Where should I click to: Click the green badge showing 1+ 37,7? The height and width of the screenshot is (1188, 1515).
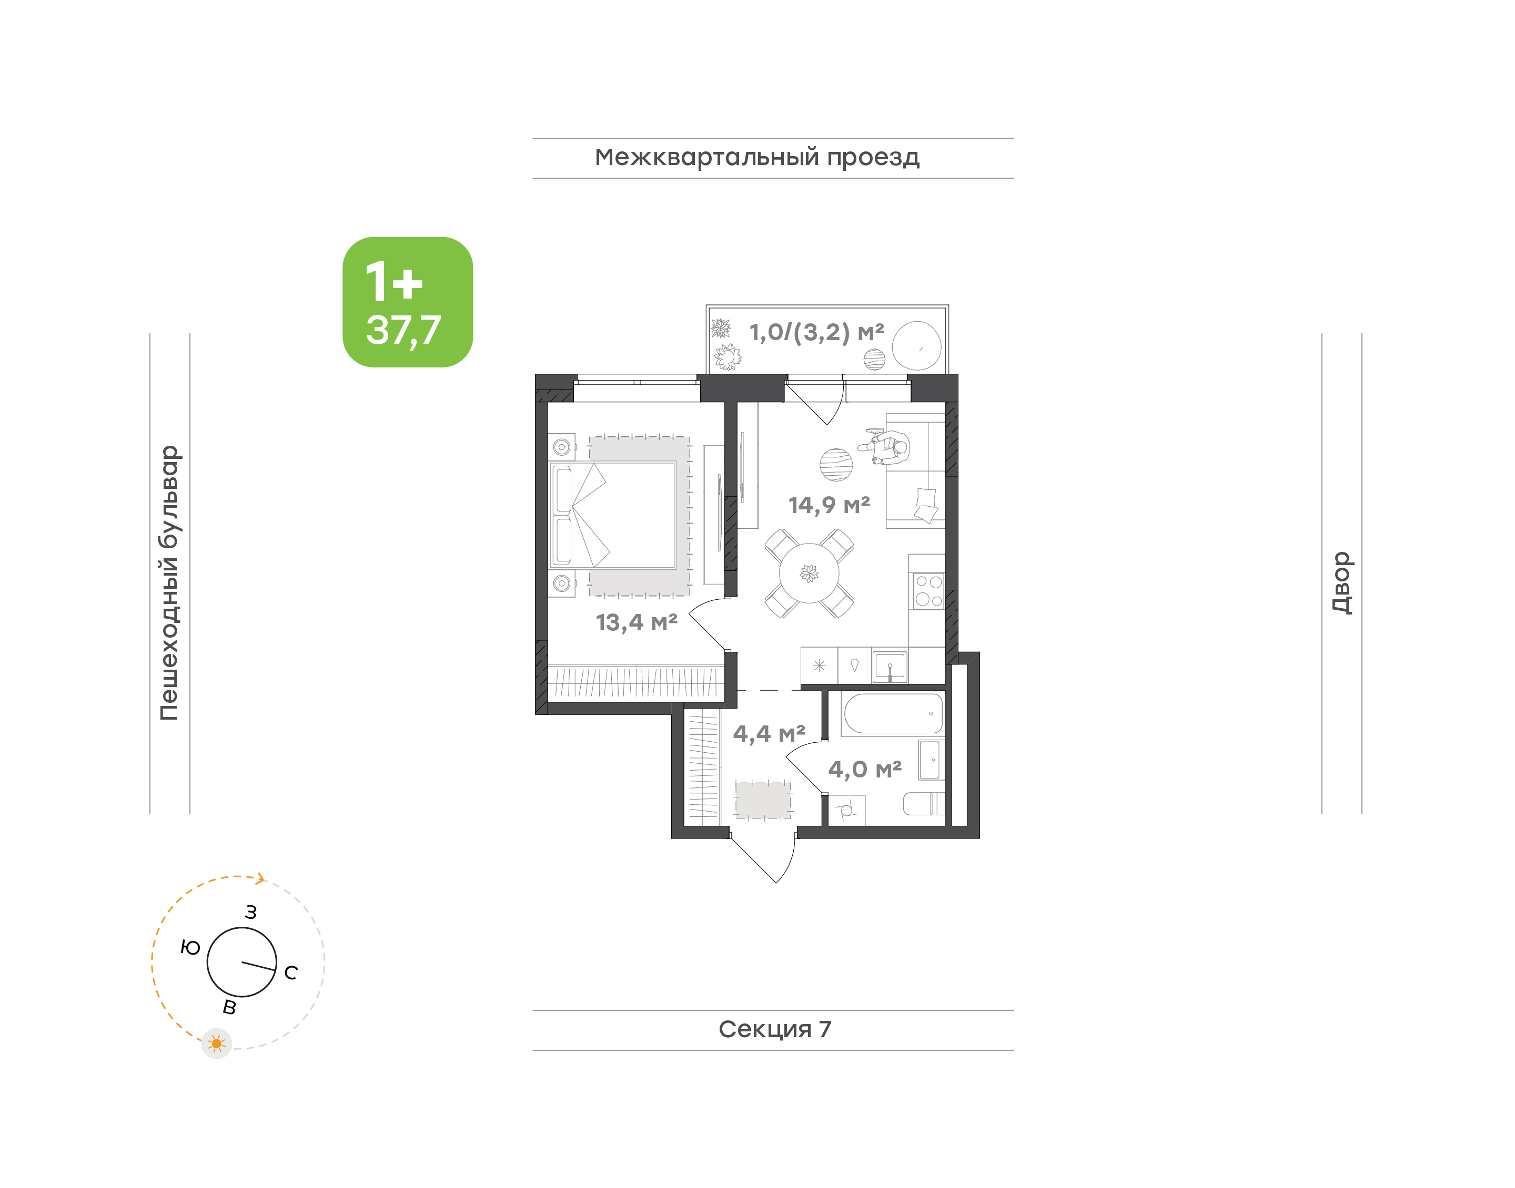[x=407, y=302]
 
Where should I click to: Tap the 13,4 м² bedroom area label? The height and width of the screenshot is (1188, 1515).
[x=636, y=622]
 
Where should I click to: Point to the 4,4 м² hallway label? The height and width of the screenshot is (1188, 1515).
[x=769, y=733]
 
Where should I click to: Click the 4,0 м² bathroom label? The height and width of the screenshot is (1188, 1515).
[x=864, y=769]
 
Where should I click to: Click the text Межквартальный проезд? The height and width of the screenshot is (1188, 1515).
[x=757, y=158]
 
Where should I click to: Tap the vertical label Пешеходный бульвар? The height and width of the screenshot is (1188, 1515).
[x=169, y=583]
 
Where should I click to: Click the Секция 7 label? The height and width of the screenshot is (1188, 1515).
[x=774, y=1029]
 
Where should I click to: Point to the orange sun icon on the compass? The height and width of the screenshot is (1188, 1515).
[x=216, y=1043]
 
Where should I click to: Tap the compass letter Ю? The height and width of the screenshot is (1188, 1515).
[x=190, y=947]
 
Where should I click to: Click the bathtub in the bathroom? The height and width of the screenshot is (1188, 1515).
[x=893, y=714]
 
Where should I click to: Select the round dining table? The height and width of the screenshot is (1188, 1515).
[x=809, y=573]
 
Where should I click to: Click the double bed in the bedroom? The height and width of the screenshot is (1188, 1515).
[x=612, y=515]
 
